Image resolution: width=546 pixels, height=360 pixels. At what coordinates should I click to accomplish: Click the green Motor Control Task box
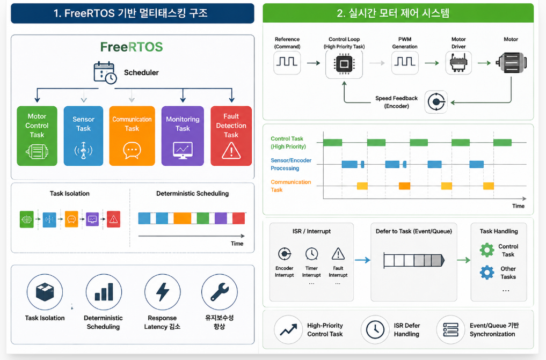pos(37,136)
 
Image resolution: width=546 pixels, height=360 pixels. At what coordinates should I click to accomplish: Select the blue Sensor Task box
pos(83,136)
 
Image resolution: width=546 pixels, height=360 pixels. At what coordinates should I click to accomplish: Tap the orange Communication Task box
pos(132,136)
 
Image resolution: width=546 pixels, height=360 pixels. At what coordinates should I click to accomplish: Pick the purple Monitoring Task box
pos(183,136)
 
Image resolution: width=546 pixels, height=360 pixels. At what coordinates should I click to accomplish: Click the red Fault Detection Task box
pos(231,136)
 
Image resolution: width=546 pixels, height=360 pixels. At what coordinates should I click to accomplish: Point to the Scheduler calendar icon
pos(105,72)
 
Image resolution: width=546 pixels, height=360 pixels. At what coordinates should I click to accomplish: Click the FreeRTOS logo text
pos(132,47)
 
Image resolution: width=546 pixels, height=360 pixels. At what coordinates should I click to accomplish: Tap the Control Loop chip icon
pos(344,64)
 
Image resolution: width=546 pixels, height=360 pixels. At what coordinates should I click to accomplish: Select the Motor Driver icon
pos(458,63)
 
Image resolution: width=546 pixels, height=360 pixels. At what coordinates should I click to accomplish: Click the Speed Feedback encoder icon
pos(436,102)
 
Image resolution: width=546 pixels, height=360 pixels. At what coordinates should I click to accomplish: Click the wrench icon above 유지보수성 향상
pos(220,292)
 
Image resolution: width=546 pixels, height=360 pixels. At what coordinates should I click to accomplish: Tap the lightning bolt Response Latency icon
pos(162,292)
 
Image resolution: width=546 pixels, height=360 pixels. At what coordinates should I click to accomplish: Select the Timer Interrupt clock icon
pos(311,254)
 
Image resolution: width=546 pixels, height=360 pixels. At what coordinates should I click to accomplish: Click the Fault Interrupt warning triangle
pos(338,254)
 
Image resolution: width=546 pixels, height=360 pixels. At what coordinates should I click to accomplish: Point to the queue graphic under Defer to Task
pos(414,260)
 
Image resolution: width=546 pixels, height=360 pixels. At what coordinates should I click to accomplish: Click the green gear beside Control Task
pos(487,249)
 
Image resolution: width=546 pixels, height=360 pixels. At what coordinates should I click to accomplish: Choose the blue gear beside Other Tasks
pos(487,273)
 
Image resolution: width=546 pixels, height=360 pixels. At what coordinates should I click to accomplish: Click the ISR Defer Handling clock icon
pos(375,329)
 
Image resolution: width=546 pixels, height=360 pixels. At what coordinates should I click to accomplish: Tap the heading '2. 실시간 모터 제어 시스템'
pos(393,13)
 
